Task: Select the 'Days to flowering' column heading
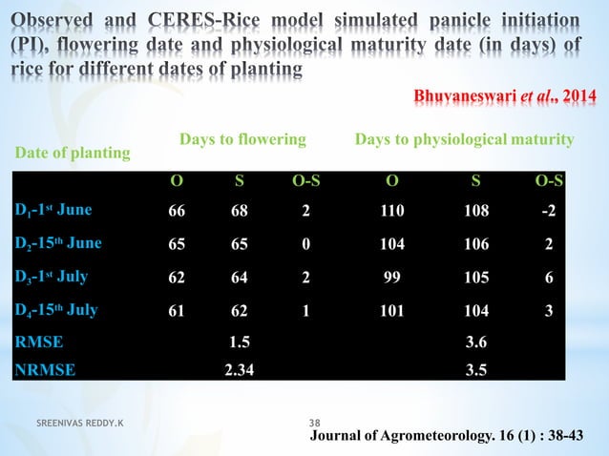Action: tap(242, 139)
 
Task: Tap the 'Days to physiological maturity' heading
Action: tap(464, 139)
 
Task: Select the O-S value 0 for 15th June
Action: tap(305, 244)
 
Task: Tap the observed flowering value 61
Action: tap(177, 311)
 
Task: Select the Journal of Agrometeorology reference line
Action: tap(454, 435)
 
